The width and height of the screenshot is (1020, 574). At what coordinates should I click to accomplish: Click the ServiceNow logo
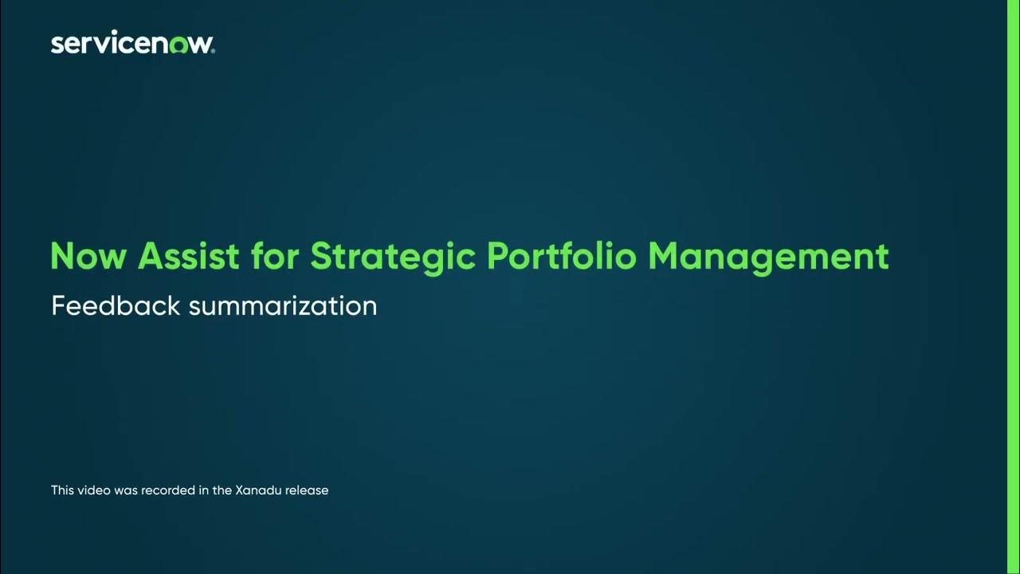132,44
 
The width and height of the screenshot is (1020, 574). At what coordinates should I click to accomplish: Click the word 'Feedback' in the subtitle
116,305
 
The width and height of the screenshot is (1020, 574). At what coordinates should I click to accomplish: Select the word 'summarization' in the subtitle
283,306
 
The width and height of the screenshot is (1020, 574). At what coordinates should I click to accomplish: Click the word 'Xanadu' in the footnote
258,490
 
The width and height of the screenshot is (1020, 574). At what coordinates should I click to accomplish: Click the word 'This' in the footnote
62,490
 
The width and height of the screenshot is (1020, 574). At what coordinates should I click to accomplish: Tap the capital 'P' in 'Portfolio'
498,257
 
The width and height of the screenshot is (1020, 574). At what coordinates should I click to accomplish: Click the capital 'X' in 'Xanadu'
240,490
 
